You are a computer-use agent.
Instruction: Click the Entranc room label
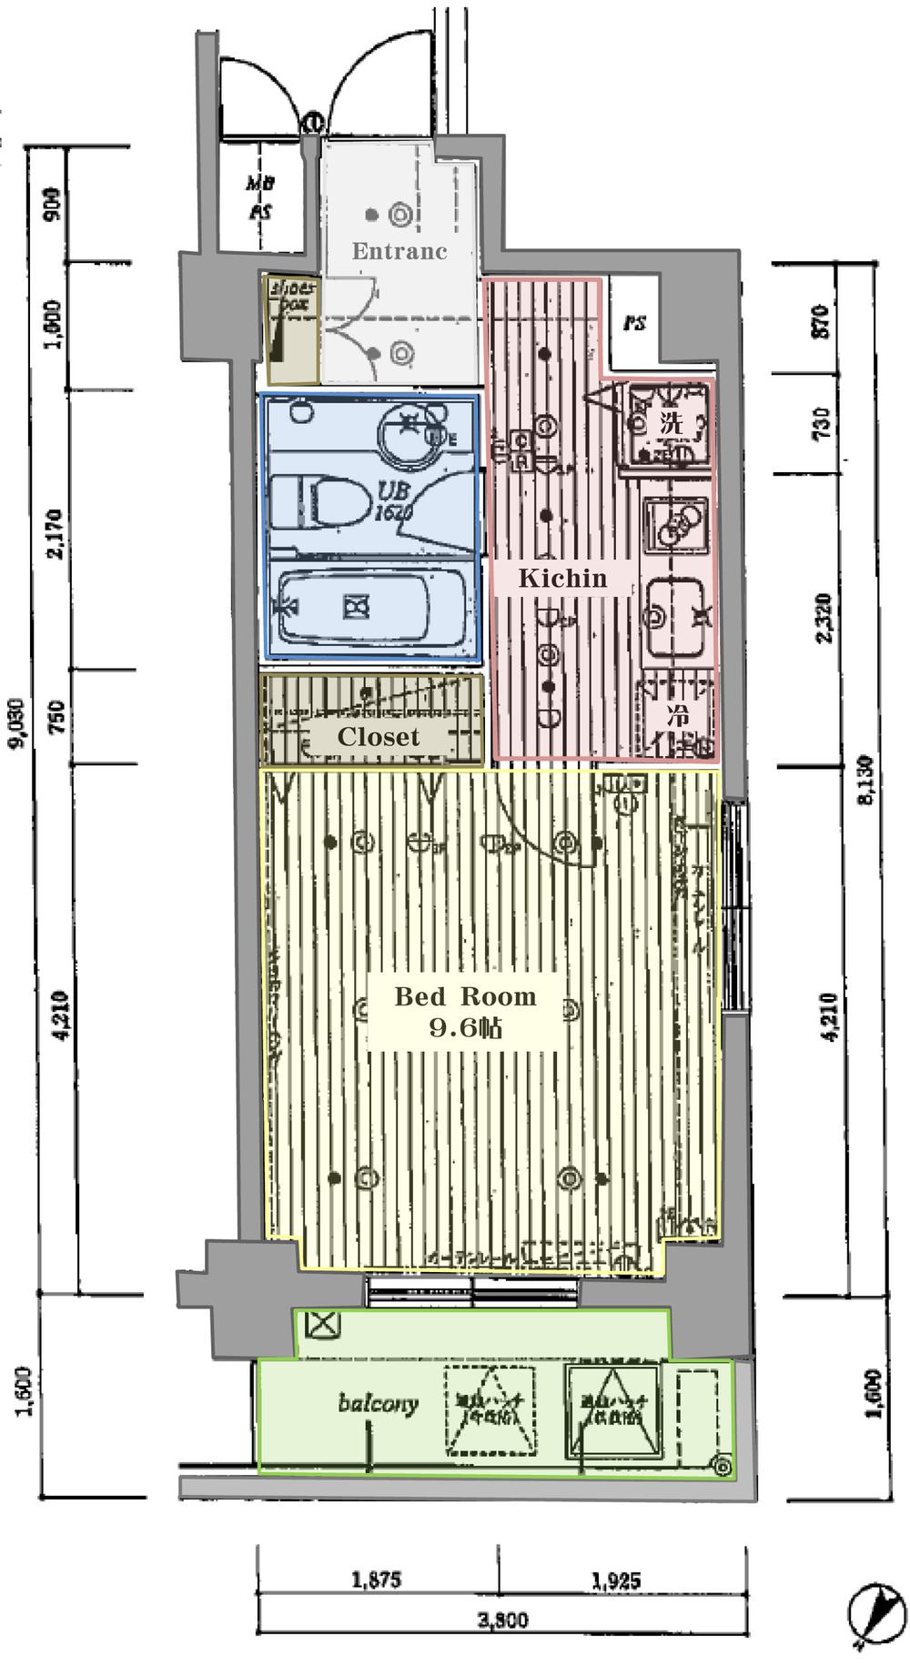[399, 251]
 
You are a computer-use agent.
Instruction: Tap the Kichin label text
[562, 578]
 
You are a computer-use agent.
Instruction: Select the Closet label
[379, 737]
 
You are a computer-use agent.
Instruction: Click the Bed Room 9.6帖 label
[465, 1012]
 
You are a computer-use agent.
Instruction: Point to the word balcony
[378, 1402]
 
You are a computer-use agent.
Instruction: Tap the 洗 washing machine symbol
[670, 422]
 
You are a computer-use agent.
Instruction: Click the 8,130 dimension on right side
[865, 779]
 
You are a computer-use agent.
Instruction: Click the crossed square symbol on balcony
[321, 1325]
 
